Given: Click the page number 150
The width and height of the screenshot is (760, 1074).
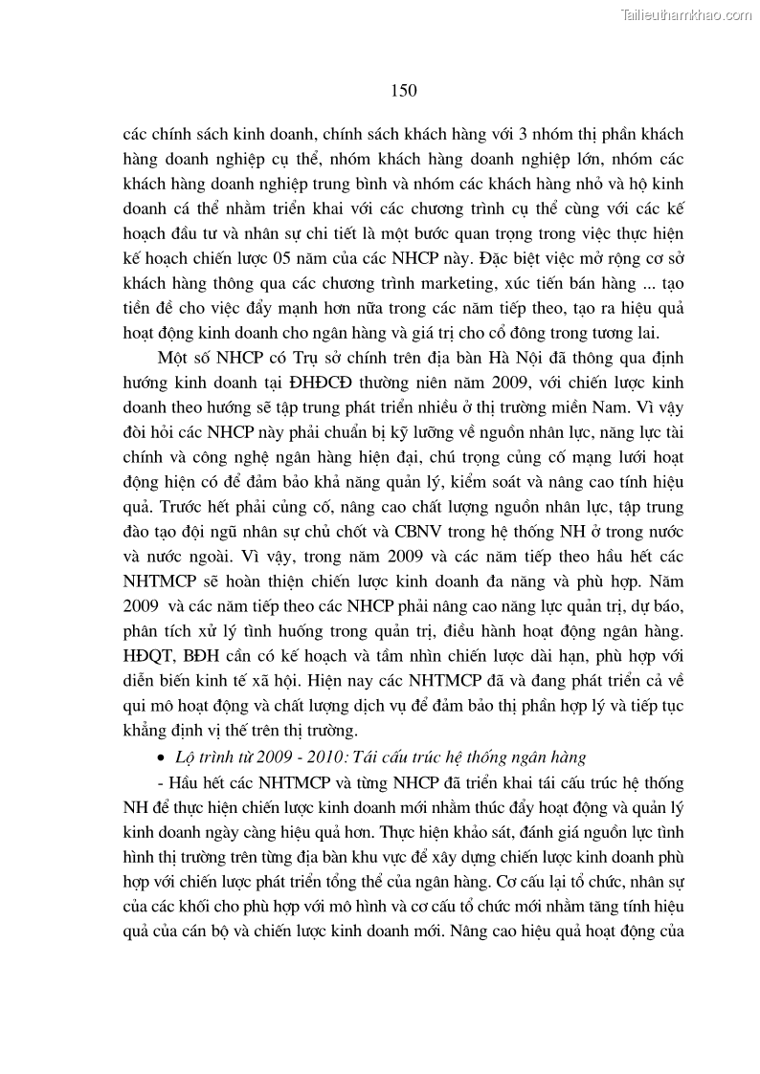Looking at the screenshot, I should click(404, 91).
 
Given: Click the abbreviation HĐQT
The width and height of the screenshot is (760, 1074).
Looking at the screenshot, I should click(146, 631).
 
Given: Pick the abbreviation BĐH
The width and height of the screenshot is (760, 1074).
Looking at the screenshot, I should click(198, 631).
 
